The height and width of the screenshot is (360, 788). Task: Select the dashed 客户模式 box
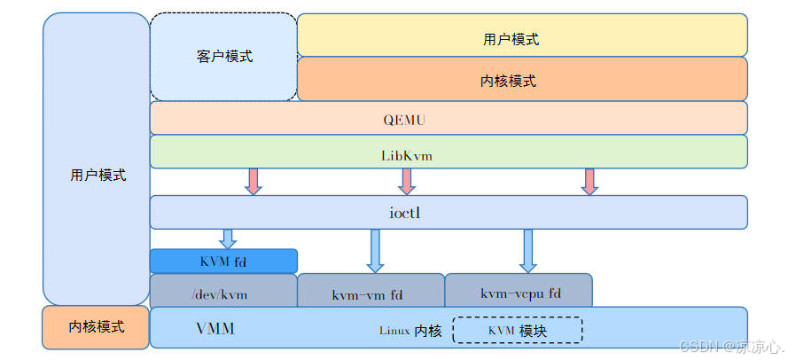(x=223, y=57)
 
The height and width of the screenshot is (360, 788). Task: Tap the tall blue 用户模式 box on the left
(x=97, y=160)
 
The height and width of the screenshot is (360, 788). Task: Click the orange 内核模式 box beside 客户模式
(x=521, y=80)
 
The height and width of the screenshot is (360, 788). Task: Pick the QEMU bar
(x=448, y=118)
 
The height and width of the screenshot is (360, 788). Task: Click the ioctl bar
(x=448, y=212)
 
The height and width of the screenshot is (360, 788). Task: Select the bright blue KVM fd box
(x=223, y=261)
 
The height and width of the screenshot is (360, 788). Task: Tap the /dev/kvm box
(x=223, y=292)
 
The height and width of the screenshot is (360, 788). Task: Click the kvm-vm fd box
(x=371, y=293)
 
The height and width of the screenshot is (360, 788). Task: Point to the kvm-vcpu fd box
(x=519, y=292)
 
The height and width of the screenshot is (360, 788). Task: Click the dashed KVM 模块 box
(x=518, y=330)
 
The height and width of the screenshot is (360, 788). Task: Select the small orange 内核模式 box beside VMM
(x=96, y=327)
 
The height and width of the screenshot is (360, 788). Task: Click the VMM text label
(x=215, y=328)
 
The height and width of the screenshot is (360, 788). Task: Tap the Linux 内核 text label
(x=410, y=331)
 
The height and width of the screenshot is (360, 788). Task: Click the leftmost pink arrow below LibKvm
(x=254, y=181)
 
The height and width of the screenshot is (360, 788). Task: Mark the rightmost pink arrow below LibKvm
(x=589, y=181)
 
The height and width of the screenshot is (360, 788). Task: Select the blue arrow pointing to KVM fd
(x=228, y=239)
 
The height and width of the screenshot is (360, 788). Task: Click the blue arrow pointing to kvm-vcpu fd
(x=528, y=251)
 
